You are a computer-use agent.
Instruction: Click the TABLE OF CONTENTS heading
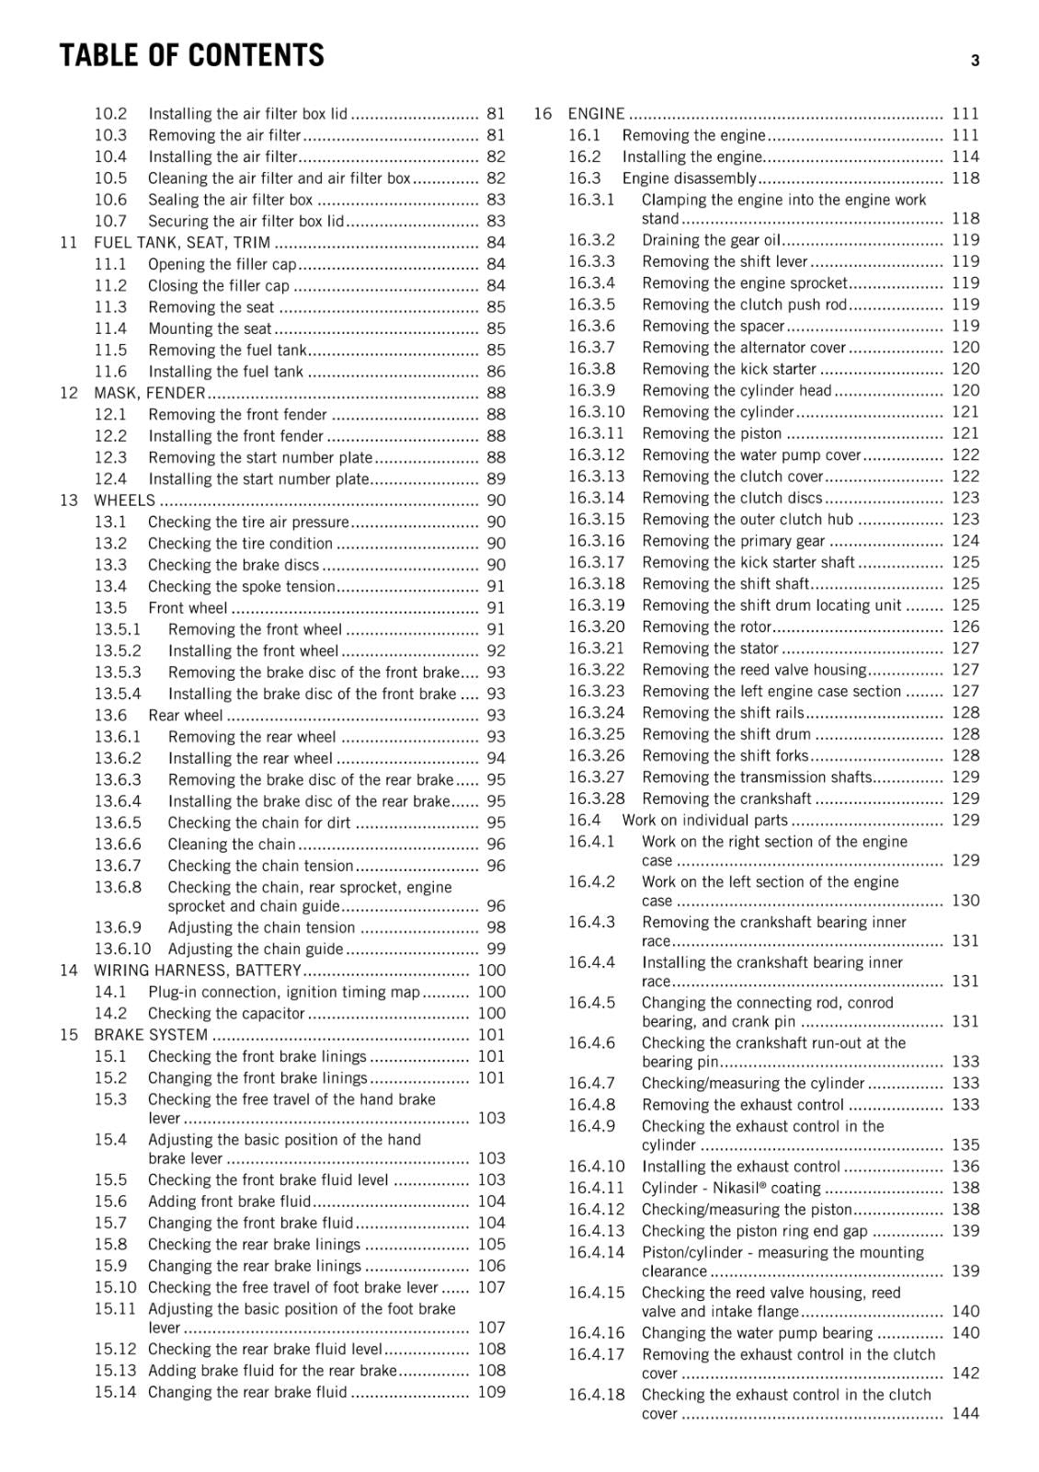tap(191, 56)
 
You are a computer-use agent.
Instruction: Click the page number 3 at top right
tap(975, 61)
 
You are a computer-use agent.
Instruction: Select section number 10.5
tap(110, 178)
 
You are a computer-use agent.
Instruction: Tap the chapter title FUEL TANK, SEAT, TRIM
tap(182, 243)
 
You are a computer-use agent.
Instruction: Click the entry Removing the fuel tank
tap(227, 351)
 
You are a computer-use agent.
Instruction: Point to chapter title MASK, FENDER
tap(149, 393)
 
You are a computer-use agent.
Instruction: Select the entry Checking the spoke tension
tap(241, 587)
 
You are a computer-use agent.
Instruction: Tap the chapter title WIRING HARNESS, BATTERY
tap(197, 971)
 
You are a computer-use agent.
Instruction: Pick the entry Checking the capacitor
tap(225, 1014)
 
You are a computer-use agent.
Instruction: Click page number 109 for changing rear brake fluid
tap(491, 1392)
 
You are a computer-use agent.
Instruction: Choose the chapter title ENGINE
tap(596, 114)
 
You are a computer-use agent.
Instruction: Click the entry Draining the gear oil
tap(711, 240)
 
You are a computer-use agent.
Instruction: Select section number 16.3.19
tap(596, 605)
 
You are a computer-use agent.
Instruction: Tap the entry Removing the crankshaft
tap(726, 799)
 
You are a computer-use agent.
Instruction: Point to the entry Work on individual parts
tap(704, 821)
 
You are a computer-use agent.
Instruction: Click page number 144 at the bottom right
tap(965, 1413)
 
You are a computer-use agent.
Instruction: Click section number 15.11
tap(115, 1309)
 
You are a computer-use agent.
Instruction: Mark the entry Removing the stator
tap(710, 649)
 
